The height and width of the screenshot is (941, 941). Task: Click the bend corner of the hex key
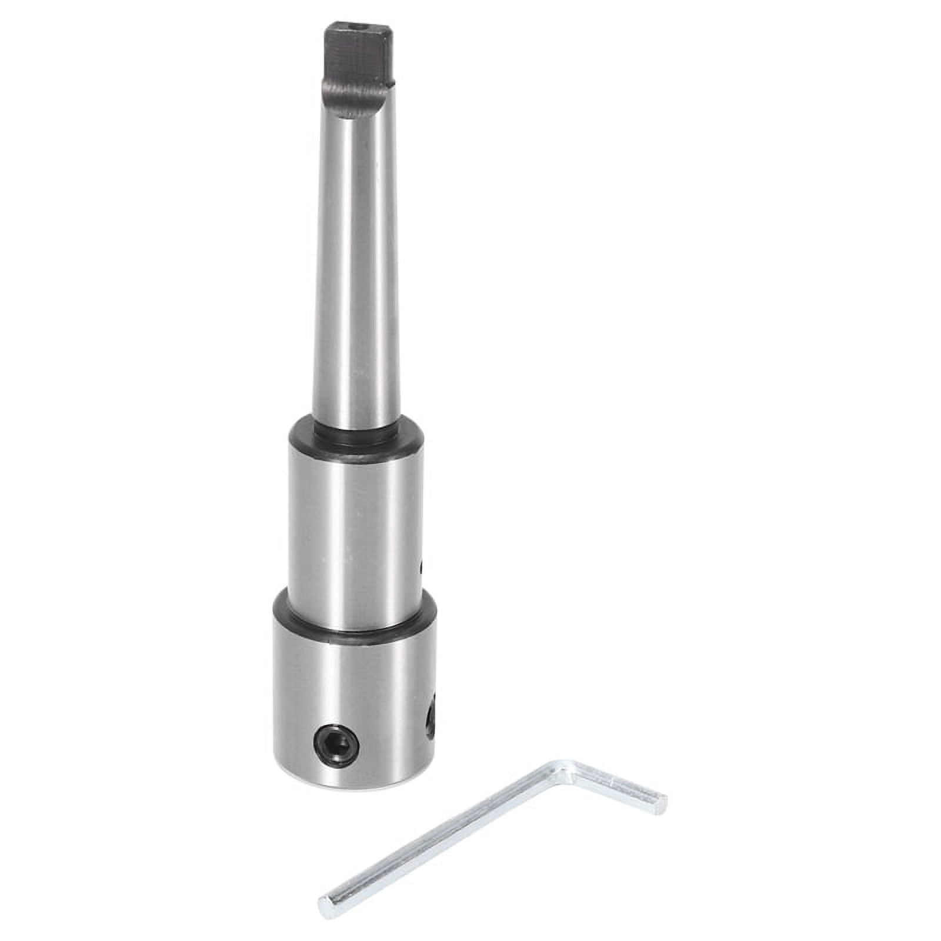click(565, 770)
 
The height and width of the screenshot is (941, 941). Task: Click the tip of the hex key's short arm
click(662, 801)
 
